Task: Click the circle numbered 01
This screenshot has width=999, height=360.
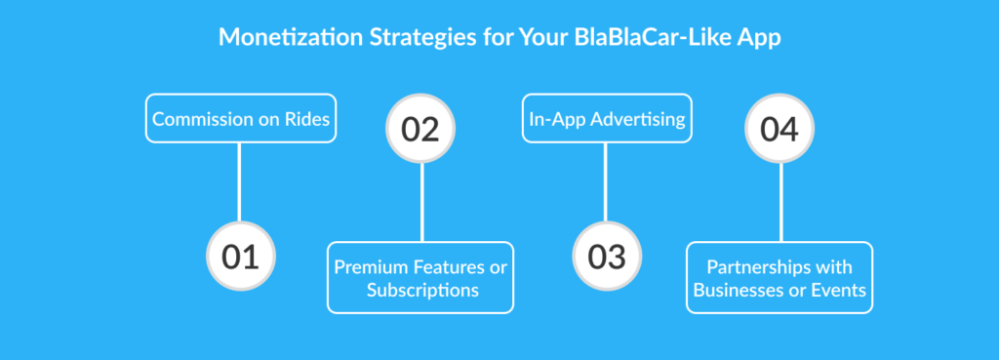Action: (x=241, y=257)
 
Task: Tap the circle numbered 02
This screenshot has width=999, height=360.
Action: (x=420, y=129)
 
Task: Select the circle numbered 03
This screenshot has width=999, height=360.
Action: (x=607, y=257)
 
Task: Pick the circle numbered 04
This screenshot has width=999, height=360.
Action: (x=779, y=129)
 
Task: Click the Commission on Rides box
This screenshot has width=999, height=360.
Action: (x=241, y=118)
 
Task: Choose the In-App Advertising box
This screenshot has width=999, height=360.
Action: (x=607, y=118)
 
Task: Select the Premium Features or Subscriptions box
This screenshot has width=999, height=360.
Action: (x=420, y=278)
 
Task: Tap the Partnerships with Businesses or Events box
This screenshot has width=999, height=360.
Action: (x=779, y=278)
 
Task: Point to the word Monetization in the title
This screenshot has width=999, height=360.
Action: (x=290, y=37)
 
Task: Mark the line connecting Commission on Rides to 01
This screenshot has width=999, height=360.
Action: (x=239, y=182)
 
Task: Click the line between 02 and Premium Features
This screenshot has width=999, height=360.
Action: (x=421, y=203)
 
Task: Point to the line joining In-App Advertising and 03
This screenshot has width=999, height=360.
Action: (x=605, y=182)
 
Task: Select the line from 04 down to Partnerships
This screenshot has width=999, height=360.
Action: (x=780, y=203)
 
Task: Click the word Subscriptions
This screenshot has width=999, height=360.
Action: (x=422, y=291)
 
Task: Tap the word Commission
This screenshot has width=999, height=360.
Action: (x=192, y=119)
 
